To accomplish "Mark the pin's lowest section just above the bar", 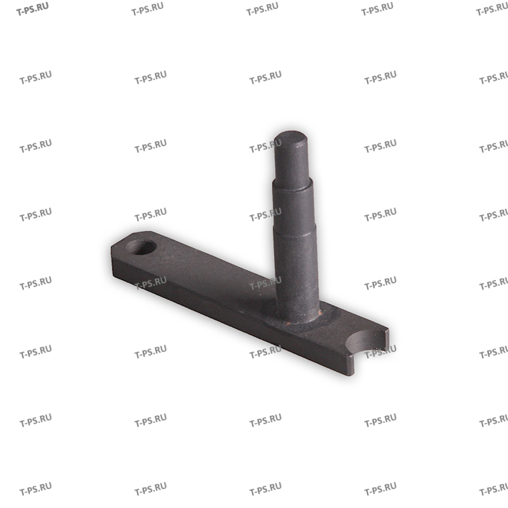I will click(x=297, y=273).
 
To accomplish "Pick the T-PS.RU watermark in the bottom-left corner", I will click(x=36, y=490).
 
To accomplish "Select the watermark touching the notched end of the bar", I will click(x=380, y=349).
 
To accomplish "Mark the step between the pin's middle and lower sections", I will click(x=296, y=236).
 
